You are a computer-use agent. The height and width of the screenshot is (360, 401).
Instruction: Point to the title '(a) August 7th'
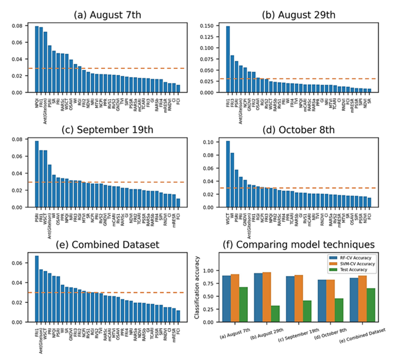pyautogui.click(x=108, y=15)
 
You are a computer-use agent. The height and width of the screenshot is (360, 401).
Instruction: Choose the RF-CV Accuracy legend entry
pyautogui.click(x=351, y=257)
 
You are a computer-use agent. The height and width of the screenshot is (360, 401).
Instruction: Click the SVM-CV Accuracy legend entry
pyautogui.click(x=352, y=263)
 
